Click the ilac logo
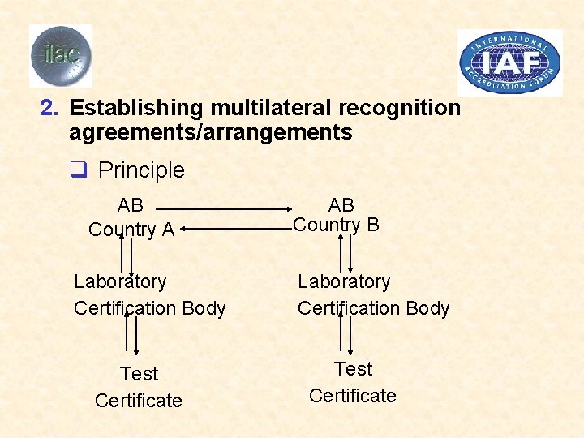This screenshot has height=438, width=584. [x=61, y=55]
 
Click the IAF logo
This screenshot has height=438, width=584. [x=510, y=62]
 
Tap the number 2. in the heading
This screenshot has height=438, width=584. [x=50, y=108]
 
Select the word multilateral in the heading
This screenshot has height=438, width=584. [x=270, y=108]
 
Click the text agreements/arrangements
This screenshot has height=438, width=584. [x=210, y=132]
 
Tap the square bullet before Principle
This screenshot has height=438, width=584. [x=79, y=170]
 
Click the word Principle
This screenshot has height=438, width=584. [x=141, y=170]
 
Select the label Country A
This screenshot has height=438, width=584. [x=131, y=230]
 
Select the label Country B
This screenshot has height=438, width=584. [x=336, y=225]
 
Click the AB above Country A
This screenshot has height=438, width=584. [x=130, y=206]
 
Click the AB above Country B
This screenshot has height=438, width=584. [x=341, y=205]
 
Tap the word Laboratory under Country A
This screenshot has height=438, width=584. [x=120, y=281]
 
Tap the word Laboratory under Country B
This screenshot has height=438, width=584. [x=344, y=281]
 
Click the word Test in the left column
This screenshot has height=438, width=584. [x=139, y=374]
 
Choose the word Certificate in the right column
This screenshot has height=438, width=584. [x=353, y=396]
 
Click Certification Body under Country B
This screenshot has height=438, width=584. [x=373, y=308]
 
